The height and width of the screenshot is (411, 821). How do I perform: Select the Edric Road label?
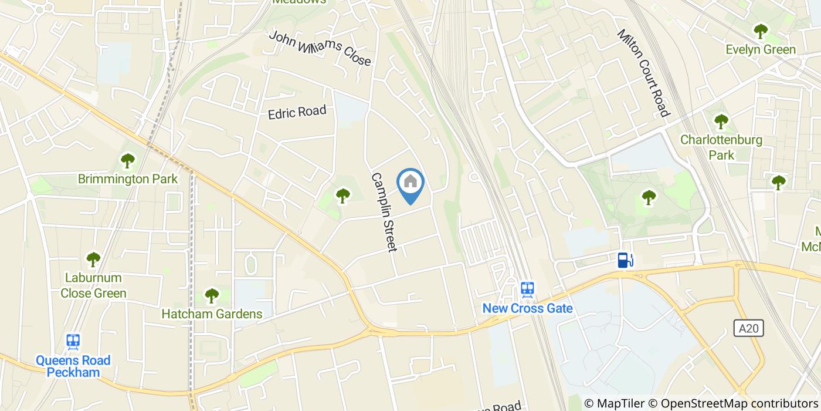click(x=297, y=112)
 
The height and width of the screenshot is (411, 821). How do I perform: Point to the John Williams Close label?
click(x=320, y=48)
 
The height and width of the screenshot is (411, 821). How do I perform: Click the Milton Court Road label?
click(x=643, y=72)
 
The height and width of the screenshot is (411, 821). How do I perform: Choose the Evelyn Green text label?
click(x=761, y=49)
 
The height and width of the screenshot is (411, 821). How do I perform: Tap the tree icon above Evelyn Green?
click(x=761, y=30)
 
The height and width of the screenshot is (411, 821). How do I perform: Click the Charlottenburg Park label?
click(x=721, y=147)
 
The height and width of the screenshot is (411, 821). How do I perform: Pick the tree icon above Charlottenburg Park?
click(x=721, y=122)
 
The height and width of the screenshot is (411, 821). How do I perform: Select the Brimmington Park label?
click(x=128, y=178)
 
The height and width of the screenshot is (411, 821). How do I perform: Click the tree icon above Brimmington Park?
click(x=127, y=160)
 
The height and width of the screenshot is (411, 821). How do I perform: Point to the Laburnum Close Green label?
click(x=94, y=285)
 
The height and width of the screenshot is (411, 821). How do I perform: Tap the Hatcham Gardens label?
click(x=212, y=314)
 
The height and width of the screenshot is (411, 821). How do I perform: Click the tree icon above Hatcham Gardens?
click(x=212, y=295)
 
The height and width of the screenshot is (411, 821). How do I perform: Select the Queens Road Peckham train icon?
click(x=73, y=341)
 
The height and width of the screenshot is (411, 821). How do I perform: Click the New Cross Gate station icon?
click(x=527, y=289)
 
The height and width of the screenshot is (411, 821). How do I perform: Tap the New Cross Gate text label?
click(x=527, y=308)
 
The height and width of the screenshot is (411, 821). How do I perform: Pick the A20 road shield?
click(x=749, y=328)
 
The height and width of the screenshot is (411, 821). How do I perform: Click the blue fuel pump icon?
click(x=625, y=260)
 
